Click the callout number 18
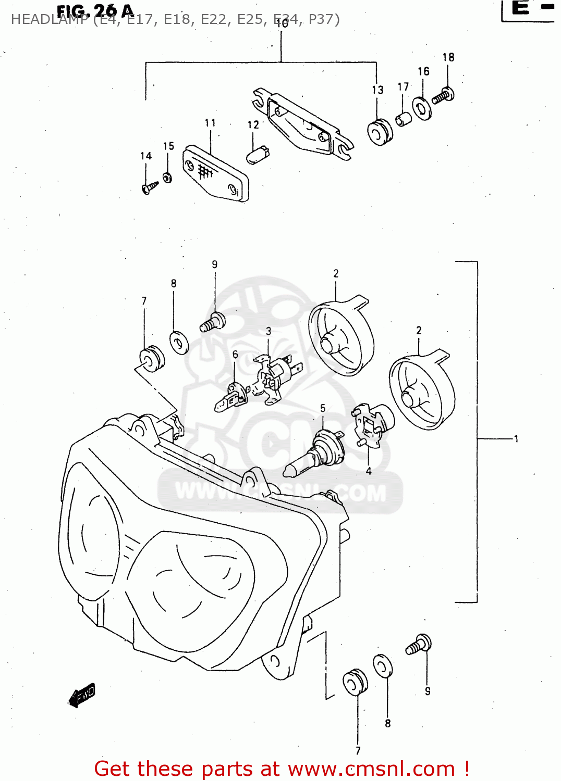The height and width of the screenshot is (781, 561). point(448,57)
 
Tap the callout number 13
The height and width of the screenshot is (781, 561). point(377,90)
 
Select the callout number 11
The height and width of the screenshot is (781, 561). point(210,123)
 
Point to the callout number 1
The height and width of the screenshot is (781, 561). point(516,439)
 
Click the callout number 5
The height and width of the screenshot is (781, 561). point(323,409)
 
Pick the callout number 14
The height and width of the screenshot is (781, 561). point(146,156)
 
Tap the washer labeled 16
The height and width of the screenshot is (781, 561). point(422,108)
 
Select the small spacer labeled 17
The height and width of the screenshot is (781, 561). point(403,119)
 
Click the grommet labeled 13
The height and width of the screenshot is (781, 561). point(380,132)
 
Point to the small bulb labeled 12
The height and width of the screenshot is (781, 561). point(257,155)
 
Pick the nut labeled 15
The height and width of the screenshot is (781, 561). point(167,178)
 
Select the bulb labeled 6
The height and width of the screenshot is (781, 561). point(231,398)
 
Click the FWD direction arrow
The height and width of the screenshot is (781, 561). point(82,695)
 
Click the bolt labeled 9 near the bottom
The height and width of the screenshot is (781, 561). point(419,645)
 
